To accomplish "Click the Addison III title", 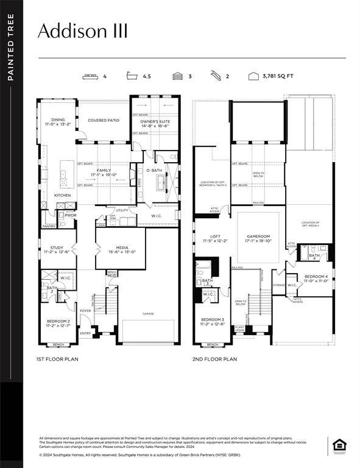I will (83, 32).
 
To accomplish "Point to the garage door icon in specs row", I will (177, 77).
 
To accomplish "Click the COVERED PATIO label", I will (104, 121).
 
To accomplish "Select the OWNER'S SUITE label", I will (155, 122).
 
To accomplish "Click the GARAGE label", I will (148, 314).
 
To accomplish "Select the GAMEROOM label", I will (258, 238).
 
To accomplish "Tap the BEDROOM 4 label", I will (316, 278).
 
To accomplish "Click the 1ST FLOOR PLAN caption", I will (57, 360).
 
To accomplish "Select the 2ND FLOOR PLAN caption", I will (214, 360).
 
